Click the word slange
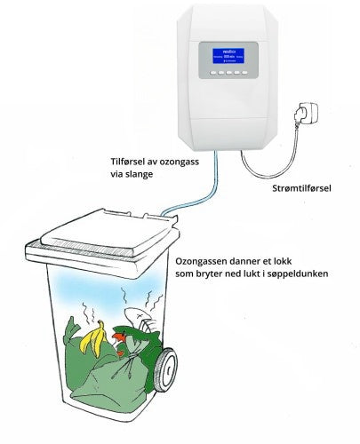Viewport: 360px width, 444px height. pos(139,175)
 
